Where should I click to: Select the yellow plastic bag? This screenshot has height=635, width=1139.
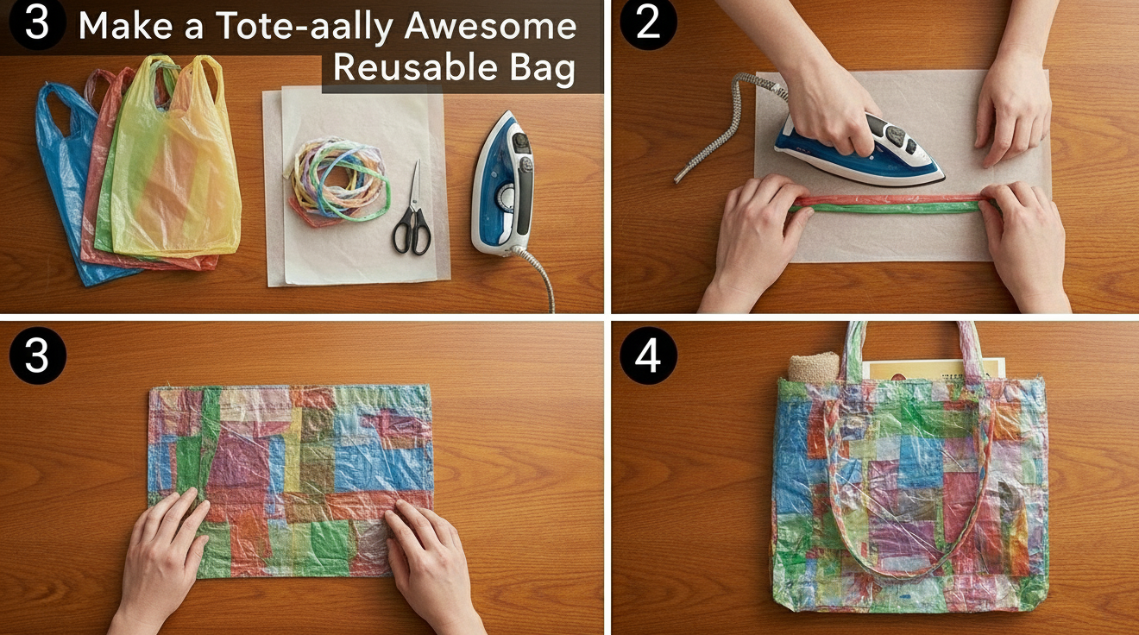(x=175, y=158)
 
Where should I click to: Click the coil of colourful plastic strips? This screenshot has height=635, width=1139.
(x=338, y=180)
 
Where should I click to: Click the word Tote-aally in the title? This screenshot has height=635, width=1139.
(x=304, y=28)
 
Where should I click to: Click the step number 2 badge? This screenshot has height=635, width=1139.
(x=648, y=23)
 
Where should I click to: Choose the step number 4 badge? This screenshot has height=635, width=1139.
(x=648, y=355)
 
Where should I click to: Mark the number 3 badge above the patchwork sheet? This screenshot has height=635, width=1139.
(x=38, y=355)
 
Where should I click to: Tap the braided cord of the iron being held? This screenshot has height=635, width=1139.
(x=727, y=122)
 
